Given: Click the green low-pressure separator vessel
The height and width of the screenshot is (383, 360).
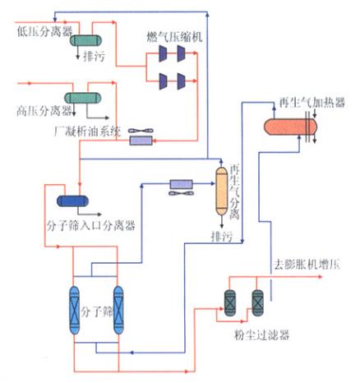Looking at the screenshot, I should click(x=84, y=39).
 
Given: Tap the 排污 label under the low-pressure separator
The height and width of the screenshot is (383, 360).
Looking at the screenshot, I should click(x=98, y=57).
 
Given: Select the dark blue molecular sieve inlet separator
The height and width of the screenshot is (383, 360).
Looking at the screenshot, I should click(x=73, y=201).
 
